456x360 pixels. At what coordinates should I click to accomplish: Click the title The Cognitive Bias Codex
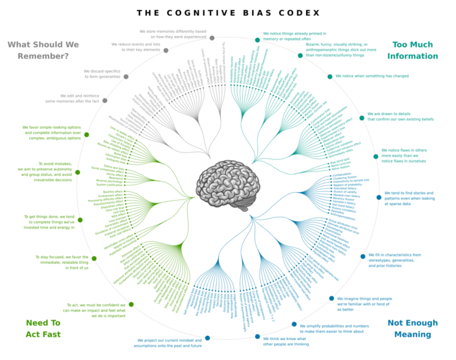[x=228, y=13]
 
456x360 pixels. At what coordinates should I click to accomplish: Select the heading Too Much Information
[x=415, y=50]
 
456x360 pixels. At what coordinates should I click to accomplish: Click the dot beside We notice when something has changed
[x=329, y=77]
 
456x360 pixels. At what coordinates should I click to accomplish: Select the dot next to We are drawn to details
[x=362, y=118]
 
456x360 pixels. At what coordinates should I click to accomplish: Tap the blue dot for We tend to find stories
[x=379, y=197]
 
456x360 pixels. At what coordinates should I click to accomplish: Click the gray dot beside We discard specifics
[x=125, y=76]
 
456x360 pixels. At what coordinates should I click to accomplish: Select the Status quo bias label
[x=113, y=166]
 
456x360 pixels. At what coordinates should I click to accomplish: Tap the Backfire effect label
[x=114, y=191]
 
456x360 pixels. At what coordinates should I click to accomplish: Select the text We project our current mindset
[x=168, y=343]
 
